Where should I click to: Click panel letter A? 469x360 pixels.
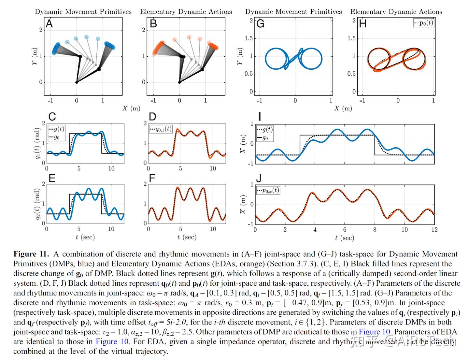tap(49, 24)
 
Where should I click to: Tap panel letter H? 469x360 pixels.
tap(362, 24)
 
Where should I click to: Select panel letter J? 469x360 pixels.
tap(259, 179)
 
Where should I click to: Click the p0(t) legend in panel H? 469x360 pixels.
tap(423, 23)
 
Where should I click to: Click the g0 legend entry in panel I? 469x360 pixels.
tap(265, 138)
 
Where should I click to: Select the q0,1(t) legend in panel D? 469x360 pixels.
tap(161, 129)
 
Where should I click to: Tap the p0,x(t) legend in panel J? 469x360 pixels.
tap(268, 190)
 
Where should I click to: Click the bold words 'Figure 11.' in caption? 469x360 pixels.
tap(31, 254)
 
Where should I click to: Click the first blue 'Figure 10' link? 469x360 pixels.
tap(374, 332)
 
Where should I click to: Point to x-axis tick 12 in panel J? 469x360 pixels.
tap(434, 230)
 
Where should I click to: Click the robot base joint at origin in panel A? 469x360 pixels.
tap(77, 82)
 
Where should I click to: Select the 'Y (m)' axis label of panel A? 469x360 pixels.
tap(35, 56)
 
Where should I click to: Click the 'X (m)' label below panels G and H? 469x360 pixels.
tap(343, 108)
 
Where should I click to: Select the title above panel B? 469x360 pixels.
tap(186, 12)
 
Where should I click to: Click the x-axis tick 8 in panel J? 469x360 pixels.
tap(375, 230)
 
